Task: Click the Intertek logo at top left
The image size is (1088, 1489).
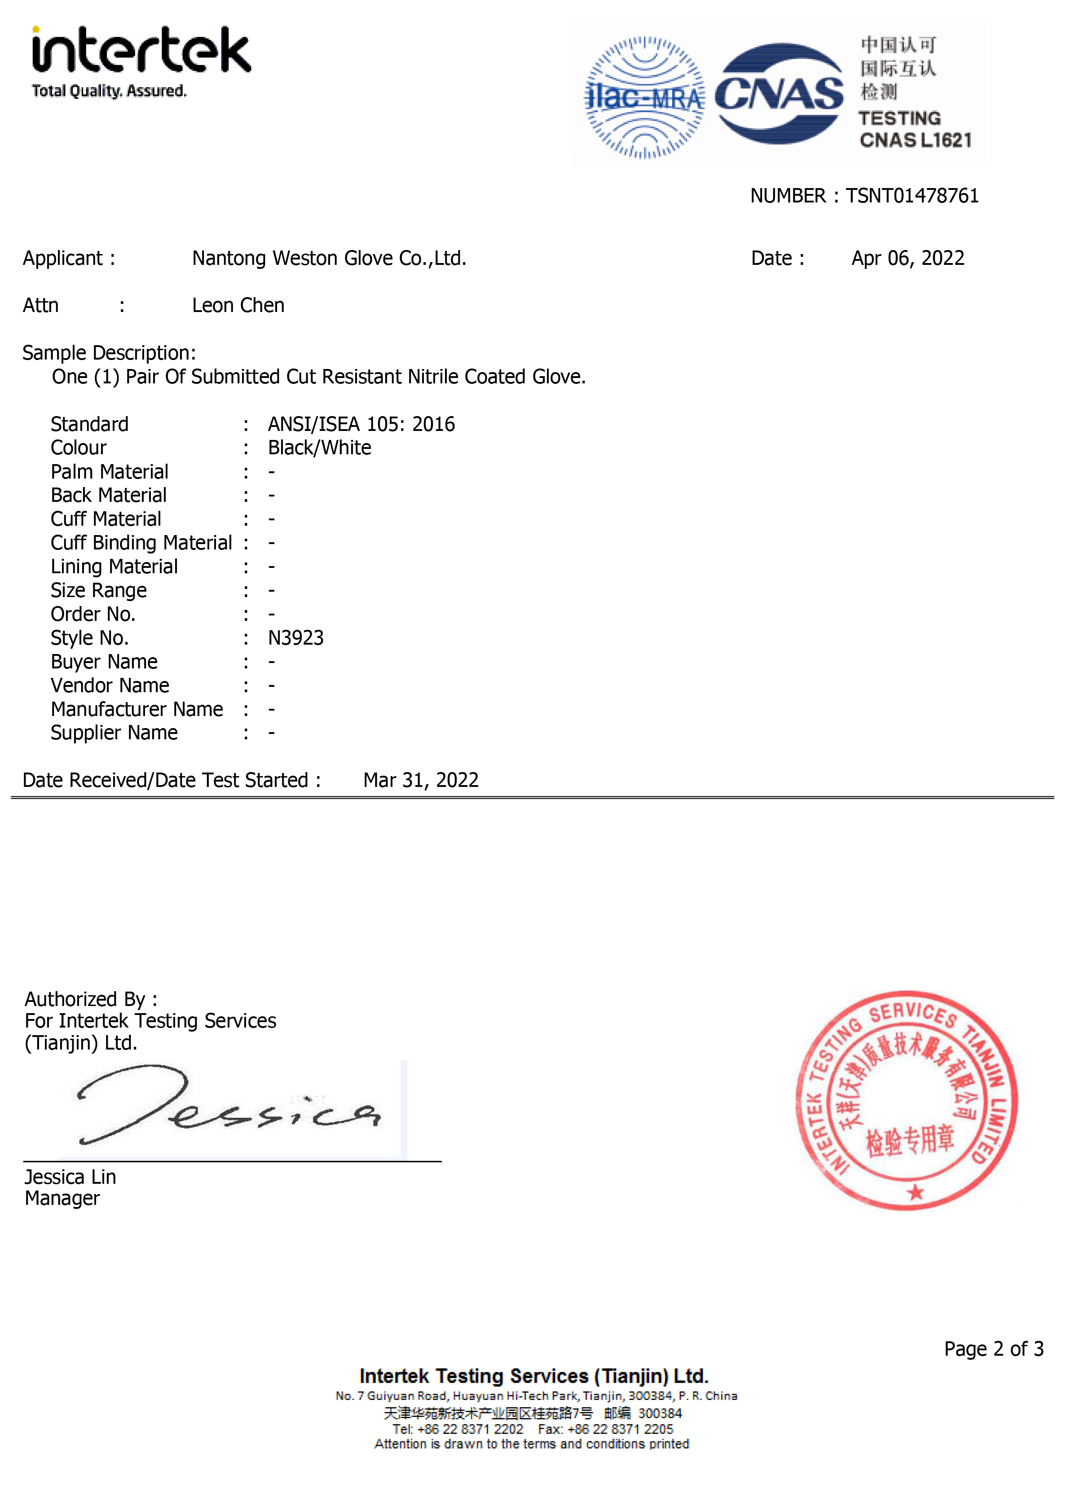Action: pos(141,61)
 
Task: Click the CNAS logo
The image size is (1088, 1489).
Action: pos(779,94)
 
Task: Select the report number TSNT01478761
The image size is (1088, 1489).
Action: pos(912,196)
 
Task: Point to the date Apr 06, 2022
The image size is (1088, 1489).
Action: pos(907,258)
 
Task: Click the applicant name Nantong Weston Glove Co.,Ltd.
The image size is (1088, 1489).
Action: pos(329,258)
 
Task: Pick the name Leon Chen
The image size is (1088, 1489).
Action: pos(238,305)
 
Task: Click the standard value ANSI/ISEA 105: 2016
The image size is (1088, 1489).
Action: pos(361,424)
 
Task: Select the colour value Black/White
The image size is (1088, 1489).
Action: pos(319,448)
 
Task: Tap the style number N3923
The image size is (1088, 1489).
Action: pos(296,638)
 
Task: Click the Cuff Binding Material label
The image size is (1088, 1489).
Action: pos(141,543)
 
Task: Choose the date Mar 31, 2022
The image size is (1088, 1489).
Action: pos(421,780)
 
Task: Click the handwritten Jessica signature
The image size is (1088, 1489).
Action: pos(227,1108)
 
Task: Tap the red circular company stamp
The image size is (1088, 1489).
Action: pos(907,1100)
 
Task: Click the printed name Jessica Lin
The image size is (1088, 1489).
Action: pos(70,1177)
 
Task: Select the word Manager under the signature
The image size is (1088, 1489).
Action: pos(62,1199)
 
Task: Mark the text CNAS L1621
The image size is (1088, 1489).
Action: pos(916,140)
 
